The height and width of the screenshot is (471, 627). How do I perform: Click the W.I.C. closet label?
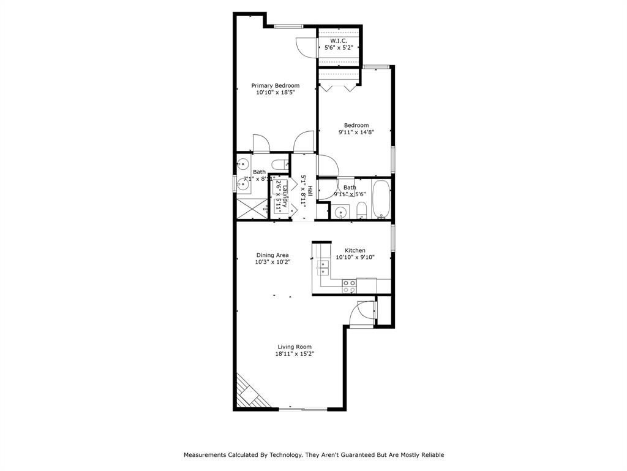coord(339,40)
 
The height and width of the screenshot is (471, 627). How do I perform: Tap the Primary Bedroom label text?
coord(276,85)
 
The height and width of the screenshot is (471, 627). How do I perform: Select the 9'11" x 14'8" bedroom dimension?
coord(356,132)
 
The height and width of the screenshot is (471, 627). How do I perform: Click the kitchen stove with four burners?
coord(349,286)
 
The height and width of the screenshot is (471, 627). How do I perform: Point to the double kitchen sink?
coord(322,267)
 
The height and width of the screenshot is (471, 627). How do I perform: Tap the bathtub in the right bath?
coord(380,199)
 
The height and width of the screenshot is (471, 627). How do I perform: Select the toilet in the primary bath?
coord(280,164)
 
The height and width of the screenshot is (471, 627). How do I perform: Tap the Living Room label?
coord(294,347)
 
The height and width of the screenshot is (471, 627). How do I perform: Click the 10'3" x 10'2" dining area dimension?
coord(272,262)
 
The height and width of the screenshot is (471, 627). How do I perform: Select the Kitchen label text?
coord(355,250)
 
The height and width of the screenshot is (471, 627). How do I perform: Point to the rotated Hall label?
coord(310,191)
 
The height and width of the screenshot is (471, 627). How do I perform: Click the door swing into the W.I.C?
coord(305,47)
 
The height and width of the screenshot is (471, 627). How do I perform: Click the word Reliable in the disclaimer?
coord(432,455)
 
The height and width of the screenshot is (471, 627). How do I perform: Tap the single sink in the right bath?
coord(340,212)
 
